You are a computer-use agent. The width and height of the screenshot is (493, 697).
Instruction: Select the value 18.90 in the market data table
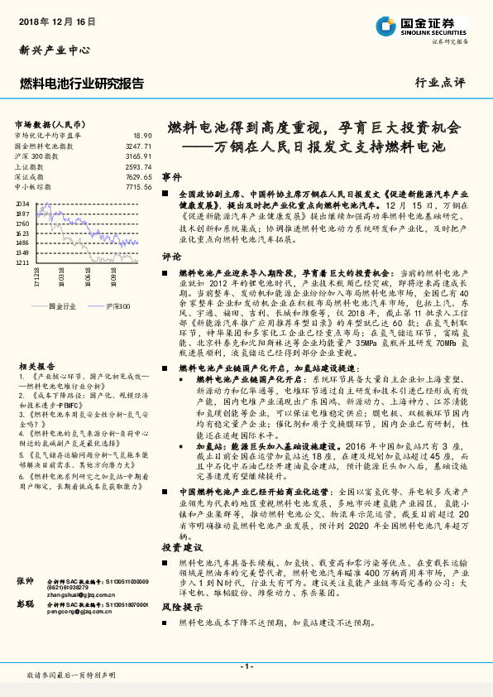(x=141, y=135)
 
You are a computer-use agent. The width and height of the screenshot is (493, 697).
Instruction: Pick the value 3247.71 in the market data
(x=138, y=145)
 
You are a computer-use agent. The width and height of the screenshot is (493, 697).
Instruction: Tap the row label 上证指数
(x=31, y=166)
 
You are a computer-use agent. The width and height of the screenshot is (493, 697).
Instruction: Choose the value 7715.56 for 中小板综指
(x=138, y=188)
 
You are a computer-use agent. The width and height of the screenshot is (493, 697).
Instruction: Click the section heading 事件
(x=171, y=178)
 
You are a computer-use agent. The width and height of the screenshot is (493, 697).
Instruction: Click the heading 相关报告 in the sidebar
(x=31, y=342)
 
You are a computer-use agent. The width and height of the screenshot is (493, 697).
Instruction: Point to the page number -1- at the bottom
(x=246, y=666)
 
